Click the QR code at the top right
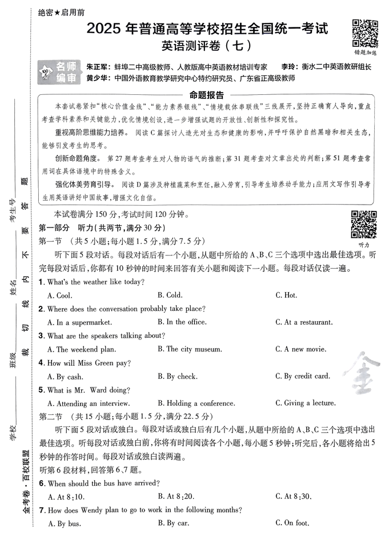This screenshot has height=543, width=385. pyautogui.click(x=364, y=32)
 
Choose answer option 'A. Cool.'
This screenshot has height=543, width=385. pyautogui.click(x=60, y=296)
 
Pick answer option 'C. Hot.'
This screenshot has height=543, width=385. pyautogui.click(x=286, y=296)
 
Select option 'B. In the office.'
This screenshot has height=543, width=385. pyautogui.click(x=182, y=322)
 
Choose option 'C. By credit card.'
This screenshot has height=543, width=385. pyautogui.click(x=303, y=376)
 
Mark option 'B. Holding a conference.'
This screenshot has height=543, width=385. pyautogui.click(x=196, y=403)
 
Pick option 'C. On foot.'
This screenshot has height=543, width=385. pyautogui.click(x=292, y=523)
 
